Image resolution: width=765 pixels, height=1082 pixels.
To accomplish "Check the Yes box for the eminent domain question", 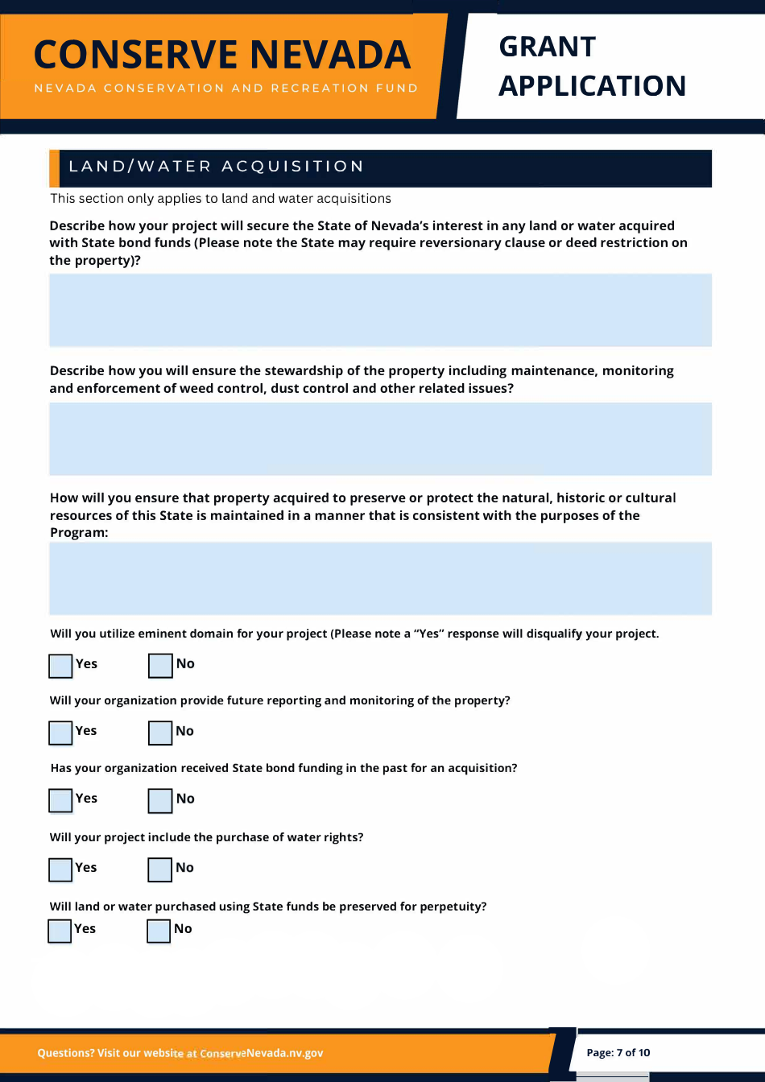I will pos(60,666).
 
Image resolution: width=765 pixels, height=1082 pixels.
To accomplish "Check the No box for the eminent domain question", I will pos(160,666).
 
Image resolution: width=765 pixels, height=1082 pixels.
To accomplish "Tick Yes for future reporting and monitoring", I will pos(60,733).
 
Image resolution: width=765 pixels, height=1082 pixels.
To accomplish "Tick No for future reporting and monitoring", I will pos(160,733).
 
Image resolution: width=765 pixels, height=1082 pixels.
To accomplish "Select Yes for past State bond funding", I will pos(60,800).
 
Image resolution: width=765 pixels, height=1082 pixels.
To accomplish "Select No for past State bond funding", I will pos(160,800).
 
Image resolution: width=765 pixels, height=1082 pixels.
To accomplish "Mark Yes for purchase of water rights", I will pos(60,869).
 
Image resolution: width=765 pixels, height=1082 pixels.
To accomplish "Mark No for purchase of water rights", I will pos(160,869).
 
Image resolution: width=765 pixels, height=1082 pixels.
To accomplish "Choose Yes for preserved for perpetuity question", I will pos(60,931).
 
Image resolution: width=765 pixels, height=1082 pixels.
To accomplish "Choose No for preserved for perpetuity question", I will pos(159,931).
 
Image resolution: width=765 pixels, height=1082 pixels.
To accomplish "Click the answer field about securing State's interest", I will pos(380,310).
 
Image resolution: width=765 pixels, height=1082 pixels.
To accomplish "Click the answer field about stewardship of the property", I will pos(380,439).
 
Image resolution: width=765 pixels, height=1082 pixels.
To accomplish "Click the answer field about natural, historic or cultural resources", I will pos(380,578).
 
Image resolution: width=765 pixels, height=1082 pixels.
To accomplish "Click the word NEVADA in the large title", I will pos(330,55).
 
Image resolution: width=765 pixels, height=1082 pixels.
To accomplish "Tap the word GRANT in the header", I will pos(548,47).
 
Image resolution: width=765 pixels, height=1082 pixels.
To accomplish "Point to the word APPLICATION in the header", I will pos(592,85).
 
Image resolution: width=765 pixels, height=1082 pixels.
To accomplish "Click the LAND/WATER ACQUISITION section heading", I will pos(217,167).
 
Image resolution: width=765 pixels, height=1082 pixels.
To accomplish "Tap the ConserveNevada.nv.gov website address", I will pos(261,1053).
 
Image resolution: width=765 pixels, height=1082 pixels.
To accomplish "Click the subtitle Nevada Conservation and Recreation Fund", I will pos(226,88).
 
